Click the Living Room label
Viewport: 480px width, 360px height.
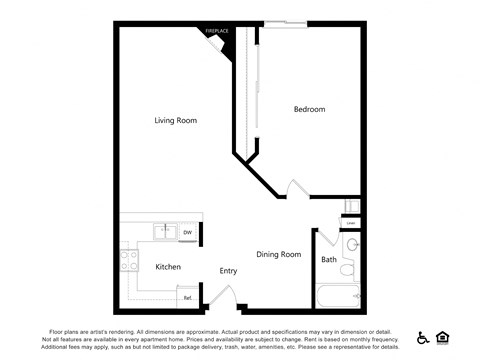175,120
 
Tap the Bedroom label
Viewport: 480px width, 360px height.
309,109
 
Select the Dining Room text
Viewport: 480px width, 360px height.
278,254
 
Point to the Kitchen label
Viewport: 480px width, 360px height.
168,267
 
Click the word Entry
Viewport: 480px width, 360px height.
228,271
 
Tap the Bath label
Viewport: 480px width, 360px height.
329,260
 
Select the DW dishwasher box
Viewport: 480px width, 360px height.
187,233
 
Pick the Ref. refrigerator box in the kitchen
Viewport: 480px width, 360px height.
187,297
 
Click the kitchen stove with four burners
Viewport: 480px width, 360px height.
129,261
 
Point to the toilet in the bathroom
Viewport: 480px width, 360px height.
347,268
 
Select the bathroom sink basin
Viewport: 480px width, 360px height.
351,245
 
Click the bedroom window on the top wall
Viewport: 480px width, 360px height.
285,23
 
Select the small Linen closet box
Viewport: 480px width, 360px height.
351,222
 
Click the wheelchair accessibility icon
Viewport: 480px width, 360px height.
422,337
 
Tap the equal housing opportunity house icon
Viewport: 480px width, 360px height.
443,337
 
